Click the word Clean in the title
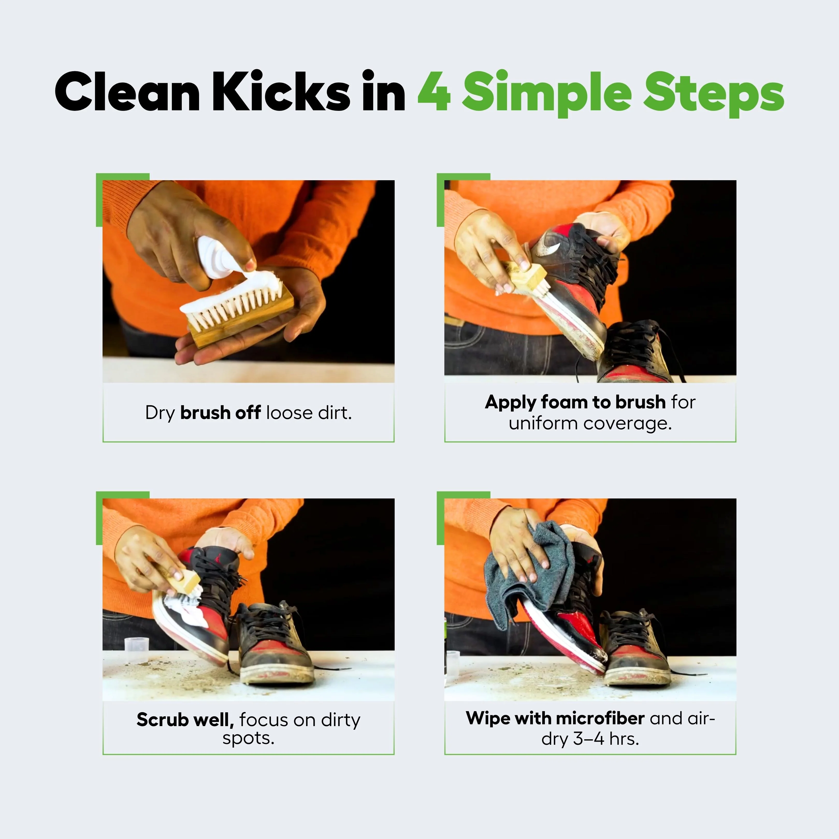pos(127,91)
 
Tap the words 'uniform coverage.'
pos(590,423)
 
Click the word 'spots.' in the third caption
pos(248,739)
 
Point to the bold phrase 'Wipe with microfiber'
pos(555,718)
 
